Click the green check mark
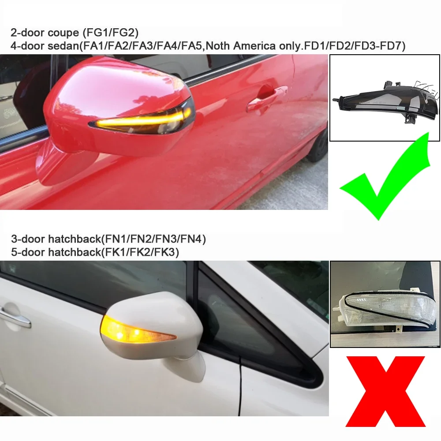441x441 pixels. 384,181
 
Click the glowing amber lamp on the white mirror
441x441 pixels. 119,329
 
